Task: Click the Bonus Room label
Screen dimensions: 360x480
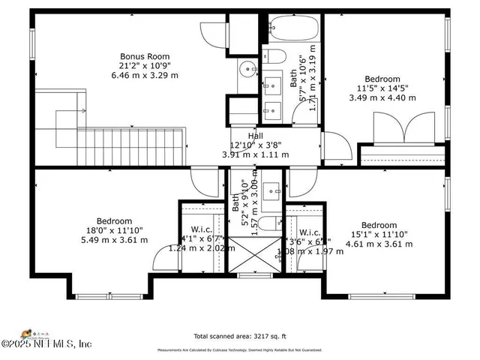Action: coord(145,56)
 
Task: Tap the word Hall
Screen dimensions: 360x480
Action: coord(255,136)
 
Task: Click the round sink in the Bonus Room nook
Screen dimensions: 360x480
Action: coord(247,69)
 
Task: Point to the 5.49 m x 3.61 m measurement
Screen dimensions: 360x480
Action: coord(113,240)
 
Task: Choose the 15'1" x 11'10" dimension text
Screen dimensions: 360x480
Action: coord(378,235)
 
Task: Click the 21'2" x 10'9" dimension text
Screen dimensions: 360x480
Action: coord(145,66)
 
